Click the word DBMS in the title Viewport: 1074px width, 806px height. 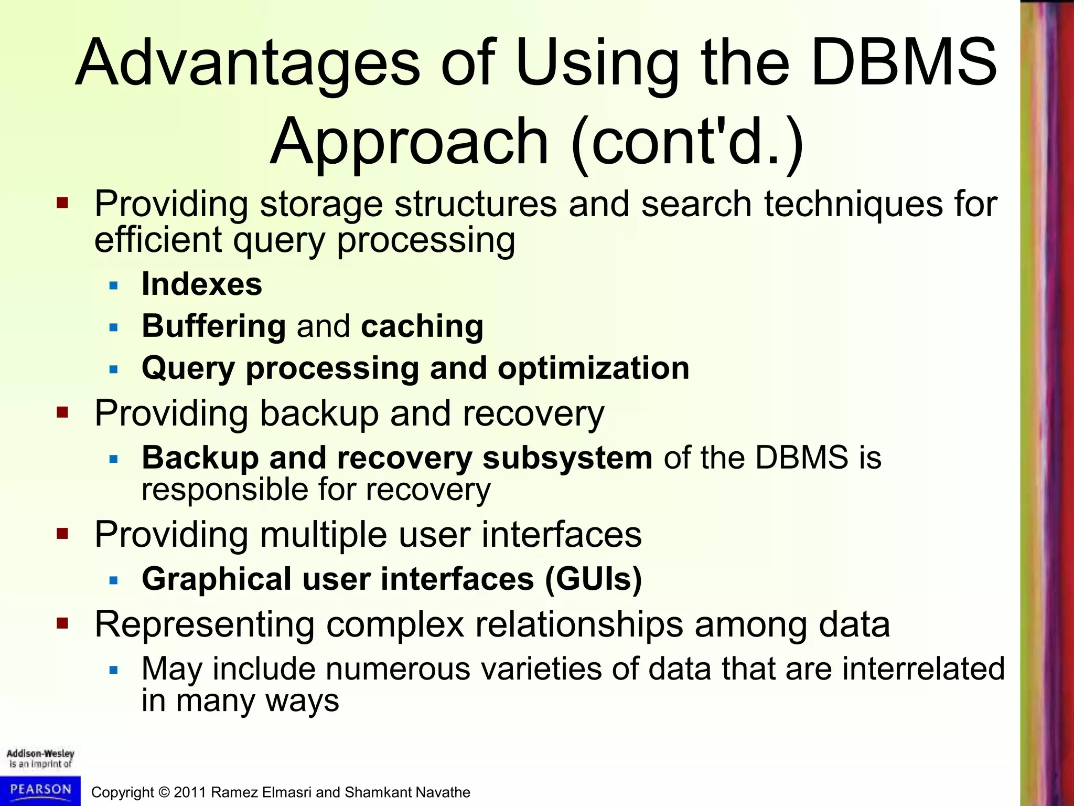(x=903, y=63)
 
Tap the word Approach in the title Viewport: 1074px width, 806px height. (x=409, y=143)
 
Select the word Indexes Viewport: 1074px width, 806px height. (x=202, y=284)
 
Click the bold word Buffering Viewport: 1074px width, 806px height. (x=214, y=326)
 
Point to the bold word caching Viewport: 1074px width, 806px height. (x=422, y=326)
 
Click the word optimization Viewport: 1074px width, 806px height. (x=593, y=368)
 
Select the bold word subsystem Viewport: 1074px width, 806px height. (x=567, y=458)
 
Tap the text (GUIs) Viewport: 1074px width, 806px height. (x=593, y=579)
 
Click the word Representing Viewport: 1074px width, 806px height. (x=204, y=624)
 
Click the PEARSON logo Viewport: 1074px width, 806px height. (x=40, y=790)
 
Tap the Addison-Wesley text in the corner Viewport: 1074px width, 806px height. (x=40, y=754)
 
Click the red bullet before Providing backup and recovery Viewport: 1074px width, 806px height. (x=62, y=412)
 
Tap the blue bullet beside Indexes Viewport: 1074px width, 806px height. (x=114, y=286)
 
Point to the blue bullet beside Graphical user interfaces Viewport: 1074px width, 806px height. (x=114, y=580)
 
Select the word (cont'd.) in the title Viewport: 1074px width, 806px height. (x=687, y=143)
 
